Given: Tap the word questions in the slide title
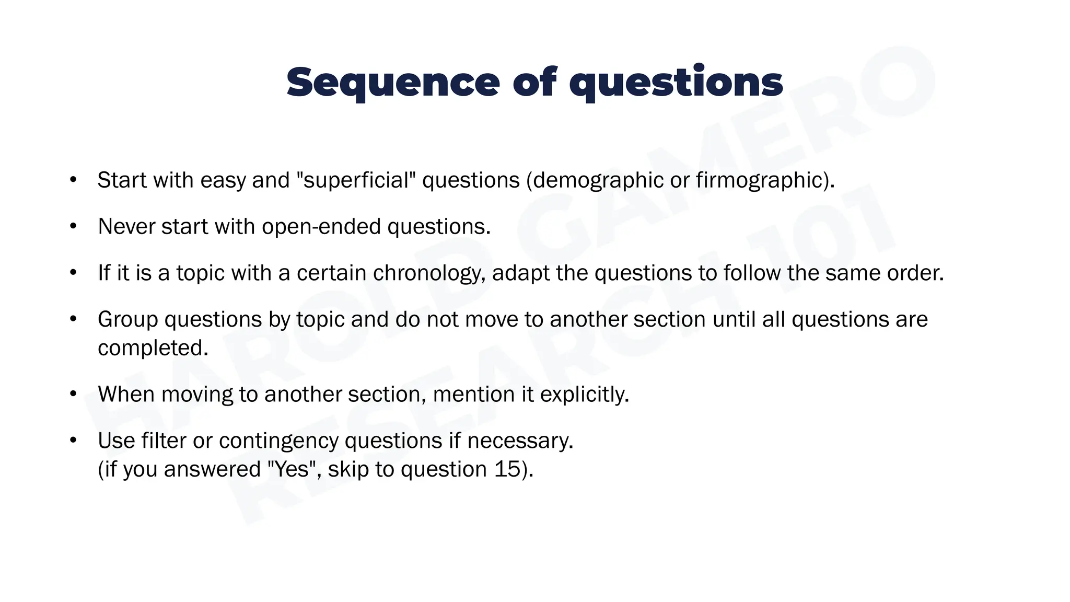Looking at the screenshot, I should (x=676, y=83).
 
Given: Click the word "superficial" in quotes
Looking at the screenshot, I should (x=356, y=180).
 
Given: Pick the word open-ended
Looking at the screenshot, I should (x=321, y=227).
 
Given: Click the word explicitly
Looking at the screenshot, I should (x=584, y=395).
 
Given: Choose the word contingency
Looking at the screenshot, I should (x=278, y=441).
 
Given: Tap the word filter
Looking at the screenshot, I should (x=164, y=441).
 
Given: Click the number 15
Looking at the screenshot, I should (x=507, y=469).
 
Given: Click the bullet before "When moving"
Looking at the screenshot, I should (x=73, y=395).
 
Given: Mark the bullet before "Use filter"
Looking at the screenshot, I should (x=73, y=441).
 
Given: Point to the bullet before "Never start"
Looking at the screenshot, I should (x=73, y=227).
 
